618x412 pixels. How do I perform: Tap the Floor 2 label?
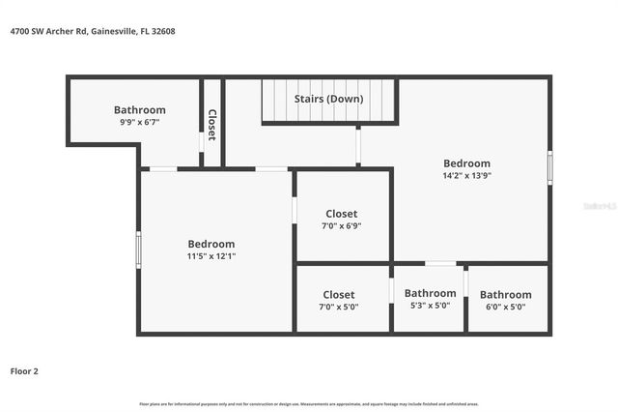click(x=24, y=370)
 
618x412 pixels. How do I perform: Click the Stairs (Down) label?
click(x=330, y=99)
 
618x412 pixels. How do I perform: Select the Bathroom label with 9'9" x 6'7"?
click(x=139, y=110)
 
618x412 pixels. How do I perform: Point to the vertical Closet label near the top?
click(x=211, y=125)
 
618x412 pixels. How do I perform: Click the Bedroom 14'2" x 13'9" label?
click(x=466, y=163)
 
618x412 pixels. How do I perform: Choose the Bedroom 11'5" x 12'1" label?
click(x=211, y=244)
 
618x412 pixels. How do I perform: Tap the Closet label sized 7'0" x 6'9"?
click(x=341, y=214)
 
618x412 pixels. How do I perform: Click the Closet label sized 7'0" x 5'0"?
click(x=339, y=294)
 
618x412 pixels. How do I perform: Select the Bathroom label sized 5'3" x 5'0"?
click(x=430, y=293)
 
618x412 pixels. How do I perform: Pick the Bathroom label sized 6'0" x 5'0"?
click(x=505, y=294)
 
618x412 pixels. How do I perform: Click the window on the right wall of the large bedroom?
click(x=549, y=167)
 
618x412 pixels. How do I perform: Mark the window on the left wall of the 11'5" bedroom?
click(x=139, y=250)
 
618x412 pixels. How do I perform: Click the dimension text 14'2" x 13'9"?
click(x=466, y=176)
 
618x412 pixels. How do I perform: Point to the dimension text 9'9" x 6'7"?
click(x=139, y=123)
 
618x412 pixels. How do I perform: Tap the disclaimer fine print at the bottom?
click(x=309, y=403)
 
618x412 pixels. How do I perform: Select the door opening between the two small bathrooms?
click(x=465, y=283)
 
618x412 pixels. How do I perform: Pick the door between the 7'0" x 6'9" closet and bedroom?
click(x=295, y=210)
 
